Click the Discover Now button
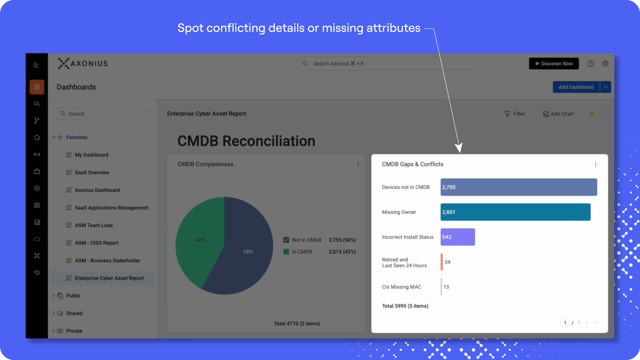[554, 64]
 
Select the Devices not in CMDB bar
[518, 187]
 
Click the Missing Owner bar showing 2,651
[516, 212]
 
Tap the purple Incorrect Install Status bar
[458, 237]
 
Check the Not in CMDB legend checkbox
[286, 240]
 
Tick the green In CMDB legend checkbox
[286, 252]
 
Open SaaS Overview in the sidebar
[92, 172]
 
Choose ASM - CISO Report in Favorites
[96, 243]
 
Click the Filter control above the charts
[514, 114]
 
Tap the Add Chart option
[558, 114]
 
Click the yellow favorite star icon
[592, 114]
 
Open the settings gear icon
[605, 64]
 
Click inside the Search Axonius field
[388, 64]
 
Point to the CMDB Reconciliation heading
[246, 141]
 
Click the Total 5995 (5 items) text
[405, 306]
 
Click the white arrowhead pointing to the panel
[459, 148]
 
